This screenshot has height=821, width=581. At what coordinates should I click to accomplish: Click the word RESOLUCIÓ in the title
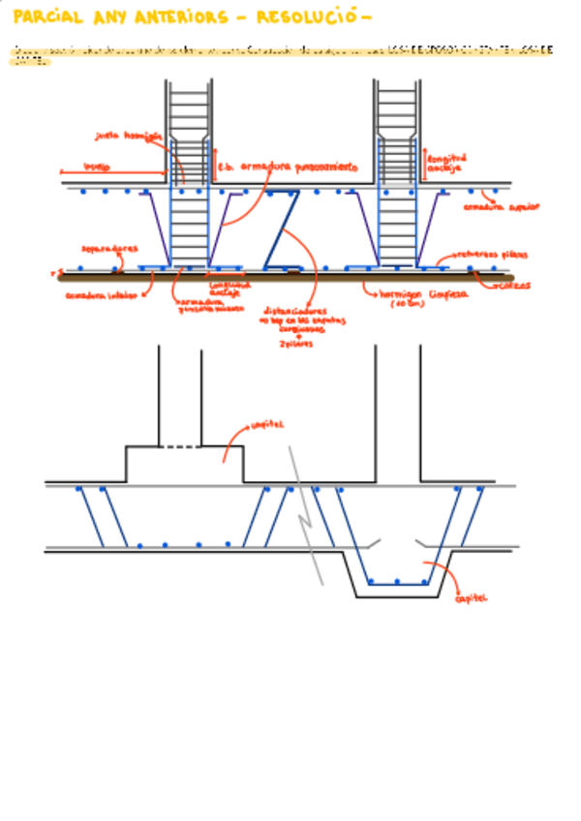pos(311,17)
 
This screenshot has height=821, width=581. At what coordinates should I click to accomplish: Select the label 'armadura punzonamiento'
pos(298,167)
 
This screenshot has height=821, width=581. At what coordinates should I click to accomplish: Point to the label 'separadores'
pos(108,249)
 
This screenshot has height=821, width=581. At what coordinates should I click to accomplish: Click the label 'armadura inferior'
pos(102,295)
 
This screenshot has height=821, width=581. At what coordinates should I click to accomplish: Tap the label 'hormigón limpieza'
pos(423,292)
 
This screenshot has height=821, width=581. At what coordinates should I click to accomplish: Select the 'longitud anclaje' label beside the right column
pos(446,163)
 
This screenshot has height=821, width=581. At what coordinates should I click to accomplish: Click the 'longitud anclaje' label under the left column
pos(230,288)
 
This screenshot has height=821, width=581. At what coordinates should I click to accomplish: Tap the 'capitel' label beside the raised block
pos(266,425)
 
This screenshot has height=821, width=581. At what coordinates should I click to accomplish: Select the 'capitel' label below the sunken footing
pos(471,598)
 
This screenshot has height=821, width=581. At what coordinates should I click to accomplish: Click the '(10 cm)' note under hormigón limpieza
pos(406,304)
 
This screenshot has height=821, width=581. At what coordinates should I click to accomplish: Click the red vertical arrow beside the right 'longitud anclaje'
pos(423,163)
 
